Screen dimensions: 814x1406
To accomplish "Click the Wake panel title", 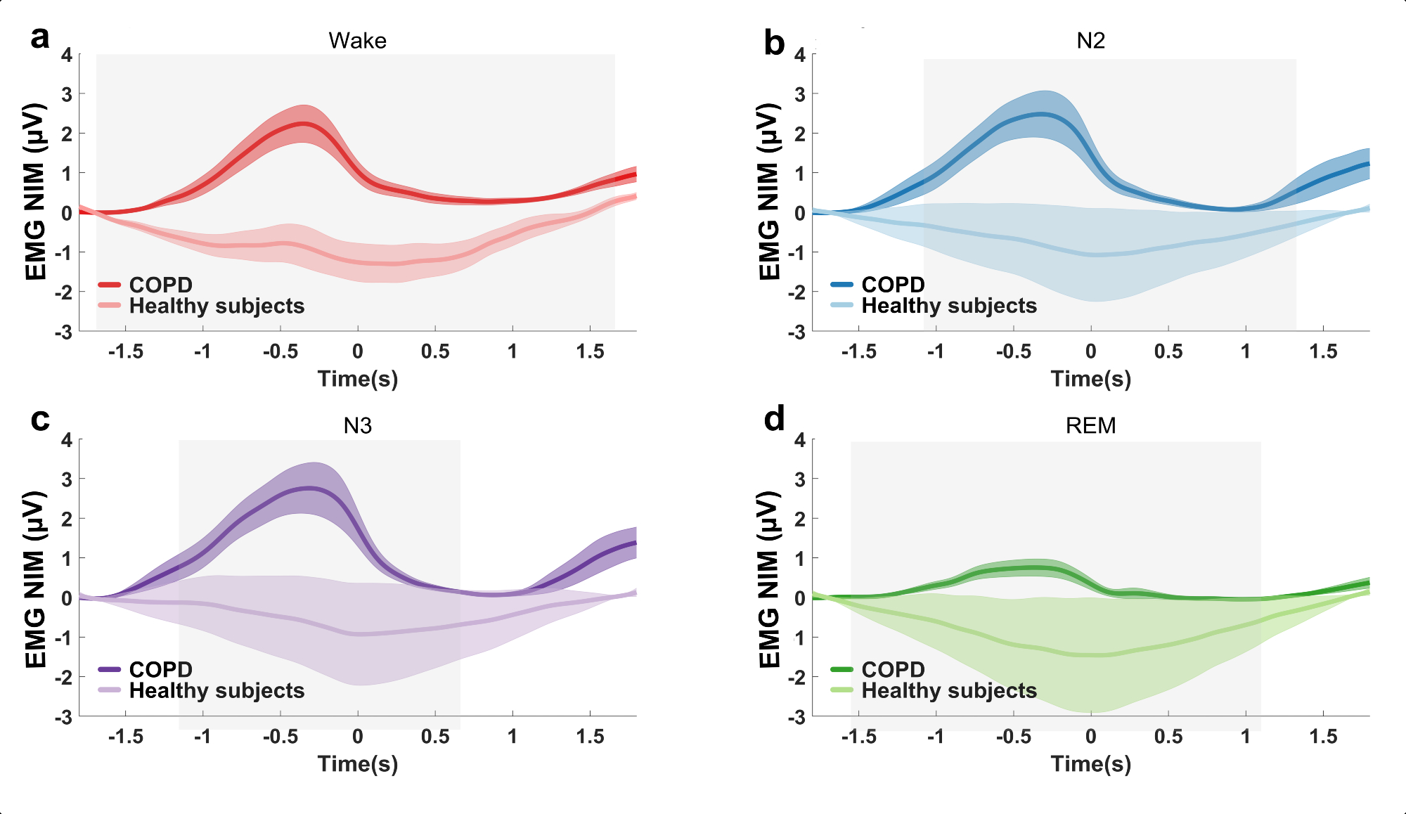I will [357, 41].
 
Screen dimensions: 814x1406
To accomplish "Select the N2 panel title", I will [1090, 41].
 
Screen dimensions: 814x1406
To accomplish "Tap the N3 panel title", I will [357, 426].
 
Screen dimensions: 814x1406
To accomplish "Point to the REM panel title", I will [1090, 426].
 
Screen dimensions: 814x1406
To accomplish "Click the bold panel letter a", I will [40, 38].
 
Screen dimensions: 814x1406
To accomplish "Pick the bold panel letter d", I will [774, 420].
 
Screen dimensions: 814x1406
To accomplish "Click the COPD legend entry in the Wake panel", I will [160, 285].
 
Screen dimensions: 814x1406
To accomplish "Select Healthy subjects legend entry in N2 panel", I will [949, 306].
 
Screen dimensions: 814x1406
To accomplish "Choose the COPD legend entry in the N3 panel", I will [160, 669].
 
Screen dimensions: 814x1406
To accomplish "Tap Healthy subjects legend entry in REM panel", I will [949, 690].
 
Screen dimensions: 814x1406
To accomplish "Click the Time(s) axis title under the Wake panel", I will [357, 379].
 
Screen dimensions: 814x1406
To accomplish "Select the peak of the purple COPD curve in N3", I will [309, 488].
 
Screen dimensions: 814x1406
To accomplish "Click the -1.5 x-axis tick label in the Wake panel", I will [126, 351].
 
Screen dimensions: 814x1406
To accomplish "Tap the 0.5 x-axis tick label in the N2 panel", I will [1168, 351].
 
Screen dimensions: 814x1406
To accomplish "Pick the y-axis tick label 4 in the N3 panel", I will [67, 440].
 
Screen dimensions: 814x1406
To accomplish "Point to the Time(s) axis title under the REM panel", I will [1090, 764].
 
